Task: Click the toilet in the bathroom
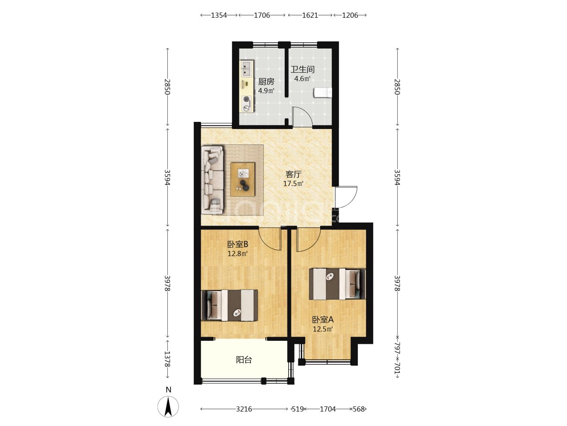pos(323,93)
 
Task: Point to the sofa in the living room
pos(212,180)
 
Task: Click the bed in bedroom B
pos(230,305)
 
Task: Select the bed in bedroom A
pos(337,284)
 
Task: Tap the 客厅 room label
pos(293,174)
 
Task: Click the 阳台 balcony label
pos(244,359)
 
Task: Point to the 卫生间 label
pos(302,69)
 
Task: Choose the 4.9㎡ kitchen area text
pos(266,91)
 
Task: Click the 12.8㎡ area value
pos(238,254)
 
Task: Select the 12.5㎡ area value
pos(322,329)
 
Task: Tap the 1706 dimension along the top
pos(262,15)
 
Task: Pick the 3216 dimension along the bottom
pos(244,409)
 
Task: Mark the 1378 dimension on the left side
pos(167,359)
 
